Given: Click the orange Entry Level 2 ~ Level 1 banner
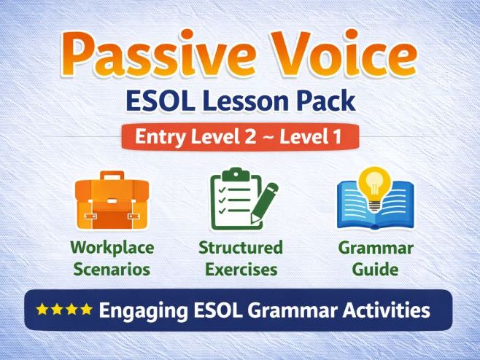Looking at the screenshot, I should coord(240,136).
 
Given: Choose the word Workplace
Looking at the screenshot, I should coord(112,248).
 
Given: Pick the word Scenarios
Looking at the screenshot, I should coord(112,269).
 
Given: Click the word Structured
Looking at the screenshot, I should coord(241,248).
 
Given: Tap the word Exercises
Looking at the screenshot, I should coord(241,269).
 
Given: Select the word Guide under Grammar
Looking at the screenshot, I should coord(375,269).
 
